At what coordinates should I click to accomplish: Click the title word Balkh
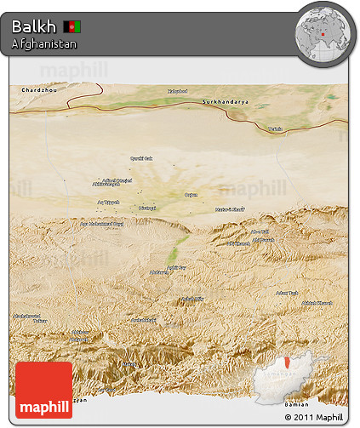29,26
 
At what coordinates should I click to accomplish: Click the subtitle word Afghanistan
44,43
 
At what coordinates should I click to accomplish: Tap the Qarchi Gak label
140,158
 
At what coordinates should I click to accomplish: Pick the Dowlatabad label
147,208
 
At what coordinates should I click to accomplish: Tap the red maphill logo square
43,390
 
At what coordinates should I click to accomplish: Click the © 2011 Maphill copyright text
314,418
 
